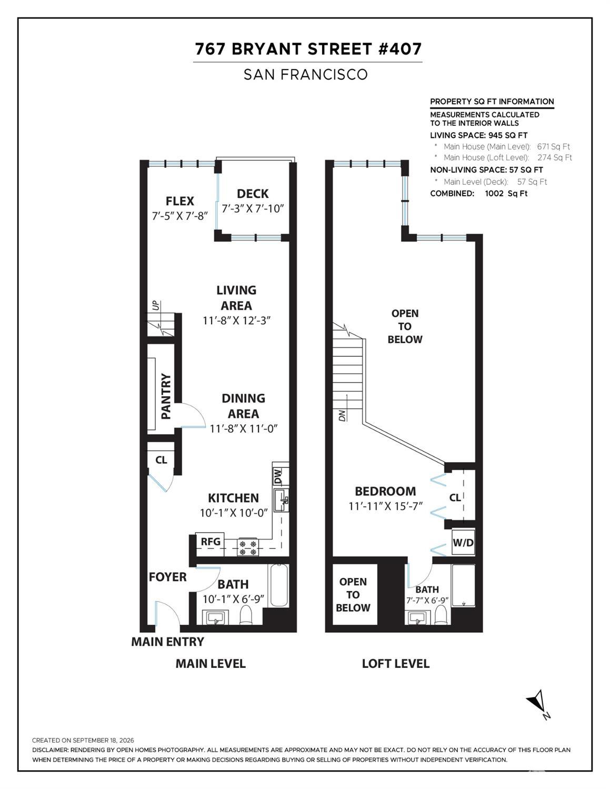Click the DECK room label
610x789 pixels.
pyautogui.click(x=253, y=194)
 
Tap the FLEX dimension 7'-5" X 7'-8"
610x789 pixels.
pyautogui.click(x=179, y=216)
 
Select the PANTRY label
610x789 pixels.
pyautogui.click(x=166, y=396)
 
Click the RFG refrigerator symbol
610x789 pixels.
pyautogui.click(x=210, y=542)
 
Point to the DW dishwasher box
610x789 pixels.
pyautogui.click(x=281, y=476)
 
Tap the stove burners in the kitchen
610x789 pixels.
pyautogui.click(x=248, y=547)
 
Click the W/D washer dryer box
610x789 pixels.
pyautogui.click(x=463, y=543)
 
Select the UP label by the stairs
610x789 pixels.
pyautogui.click(x=156, y=305)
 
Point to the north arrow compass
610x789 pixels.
pyautogui.click(x=539, y=704)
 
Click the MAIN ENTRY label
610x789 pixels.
pyautogui.click(x=168, y=642)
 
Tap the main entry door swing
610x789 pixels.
pyautogui.click(x=168, y=613)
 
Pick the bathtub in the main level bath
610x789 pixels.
pyautogui.click(x=278, y=585)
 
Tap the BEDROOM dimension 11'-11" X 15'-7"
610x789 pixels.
pyautogui.click(x=386, y=506)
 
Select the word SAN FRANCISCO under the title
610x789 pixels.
pyautogui.click(x=306, y=75)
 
